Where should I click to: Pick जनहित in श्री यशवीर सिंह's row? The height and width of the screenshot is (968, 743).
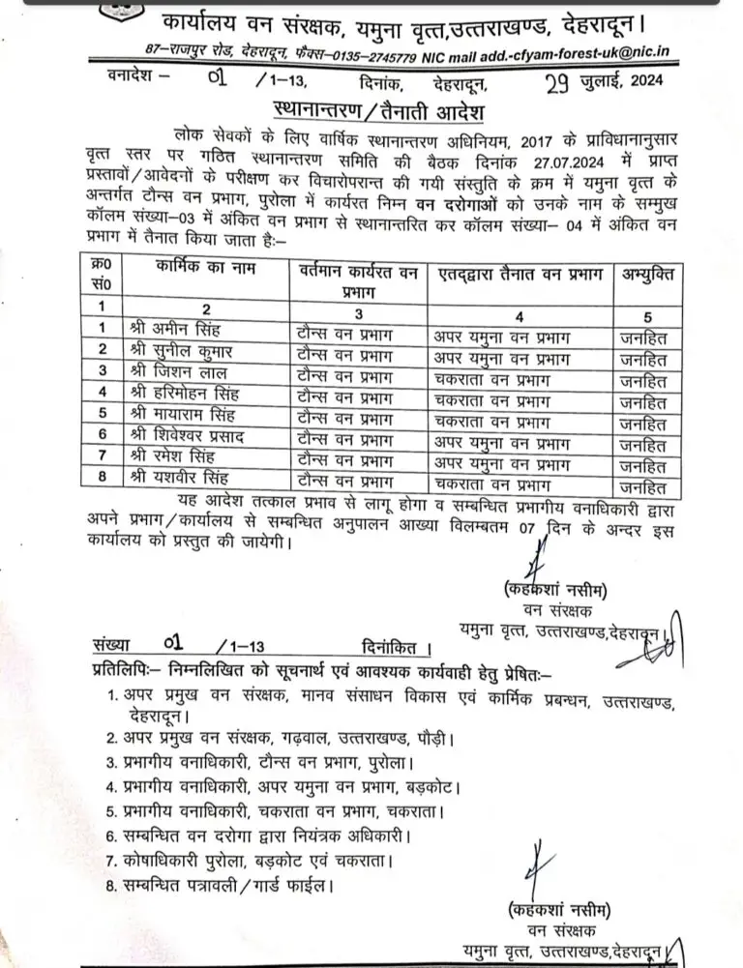(644, 486)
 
